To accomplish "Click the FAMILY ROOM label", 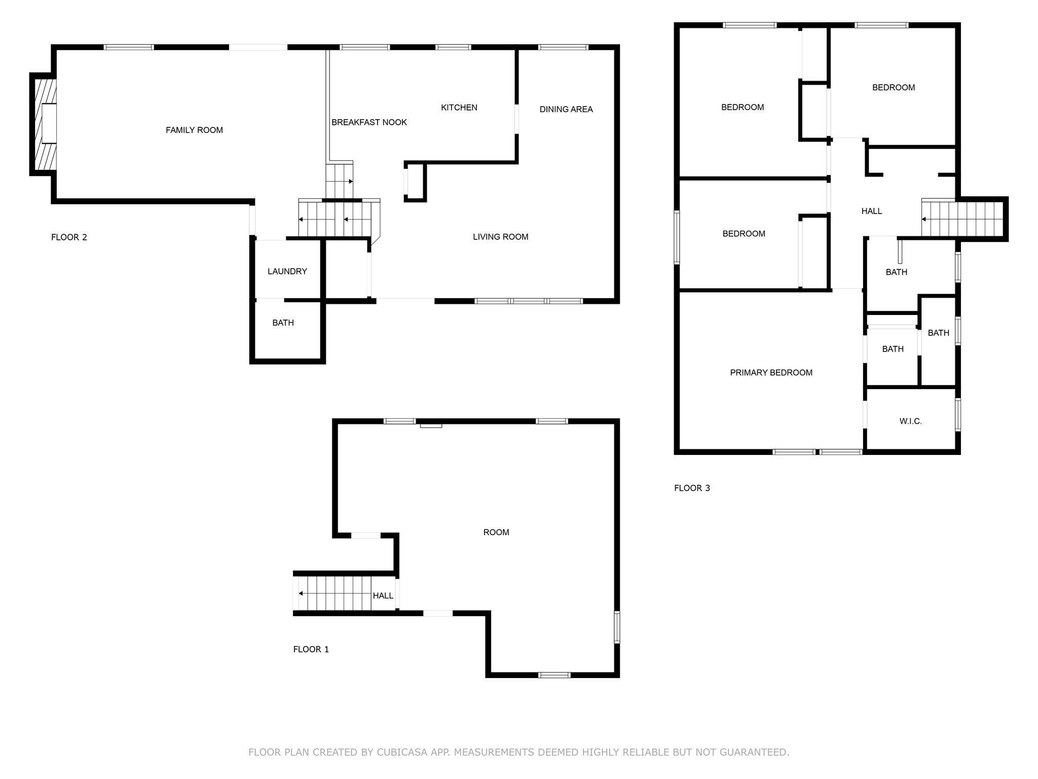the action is click(x=194, y=130).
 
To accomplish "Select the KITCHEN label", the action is click(x=459, y=108).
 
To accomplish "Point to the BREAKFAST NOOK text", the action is click(x=369, y=122).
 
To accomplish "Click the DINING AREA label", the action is click(x=566, y=109).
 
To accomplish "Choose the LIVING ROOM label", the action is click(x=501, y=237).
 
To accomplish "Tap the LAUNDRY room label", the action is click(x=287, y=271).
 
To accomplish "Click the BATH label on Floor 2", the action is click(x=283, y=323).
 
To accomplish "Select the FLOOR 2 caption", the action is click(x=69, y=237).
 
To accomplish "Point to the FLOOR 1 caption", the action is click(x=311, y=649).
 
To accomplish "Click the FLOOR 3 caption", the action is click(x=692, y=488).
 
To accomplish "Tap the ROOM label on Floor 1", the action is click(x=496, y=532).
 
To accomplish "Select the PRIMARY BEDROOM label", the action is click(x=771, y=373).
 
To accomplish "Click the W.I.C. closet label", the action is click(x=911, y=421).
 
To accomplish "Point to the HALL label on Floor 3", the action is click(x=872, y=211).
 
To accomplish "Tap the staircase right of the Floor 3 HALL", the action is click(x=962, y=219).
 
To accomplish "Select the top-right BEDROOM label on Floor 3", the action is click(x=894, y=87).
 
